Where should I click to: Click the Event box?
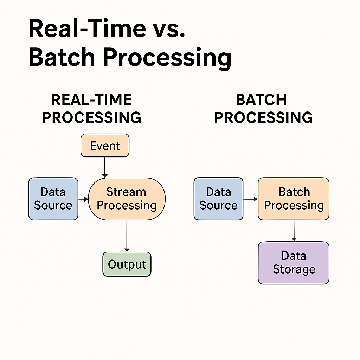[x=105, y=146]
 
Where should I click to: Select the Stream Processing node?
[x=127, y=199]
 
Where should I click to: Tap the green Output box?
[x=127, y=264]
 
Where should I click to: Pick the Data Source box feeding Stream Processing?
[x=53, y=199]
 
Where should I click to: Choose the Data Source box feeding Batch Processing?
[x=218, y=199]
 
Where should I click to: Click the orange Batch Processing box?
[x=294, y=199]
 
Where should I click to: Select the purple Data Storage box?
[x=294, y=263]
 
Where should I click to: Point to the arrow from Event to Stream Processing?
[x=104, y=167]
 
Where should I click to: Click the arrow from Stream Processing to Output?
[x=127, y=236]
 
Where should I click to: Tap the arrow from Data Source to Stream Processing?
[x=83, y=199]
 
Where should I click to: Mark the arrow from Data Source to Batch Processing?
[x=250, y=199]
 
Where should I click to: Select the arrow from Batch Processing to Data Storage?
[x=294, y=231]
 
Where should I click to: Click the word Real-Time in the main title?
[x=86, y=29]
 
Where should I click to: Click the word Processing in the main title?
[x=167, y=58]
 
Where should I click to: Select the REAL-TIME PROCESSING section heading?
[x=91, y=109]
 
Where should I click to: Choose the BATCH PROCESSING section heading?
[x=263, y=109]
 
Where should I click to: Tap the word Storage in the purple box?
[x=294, y=270]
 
